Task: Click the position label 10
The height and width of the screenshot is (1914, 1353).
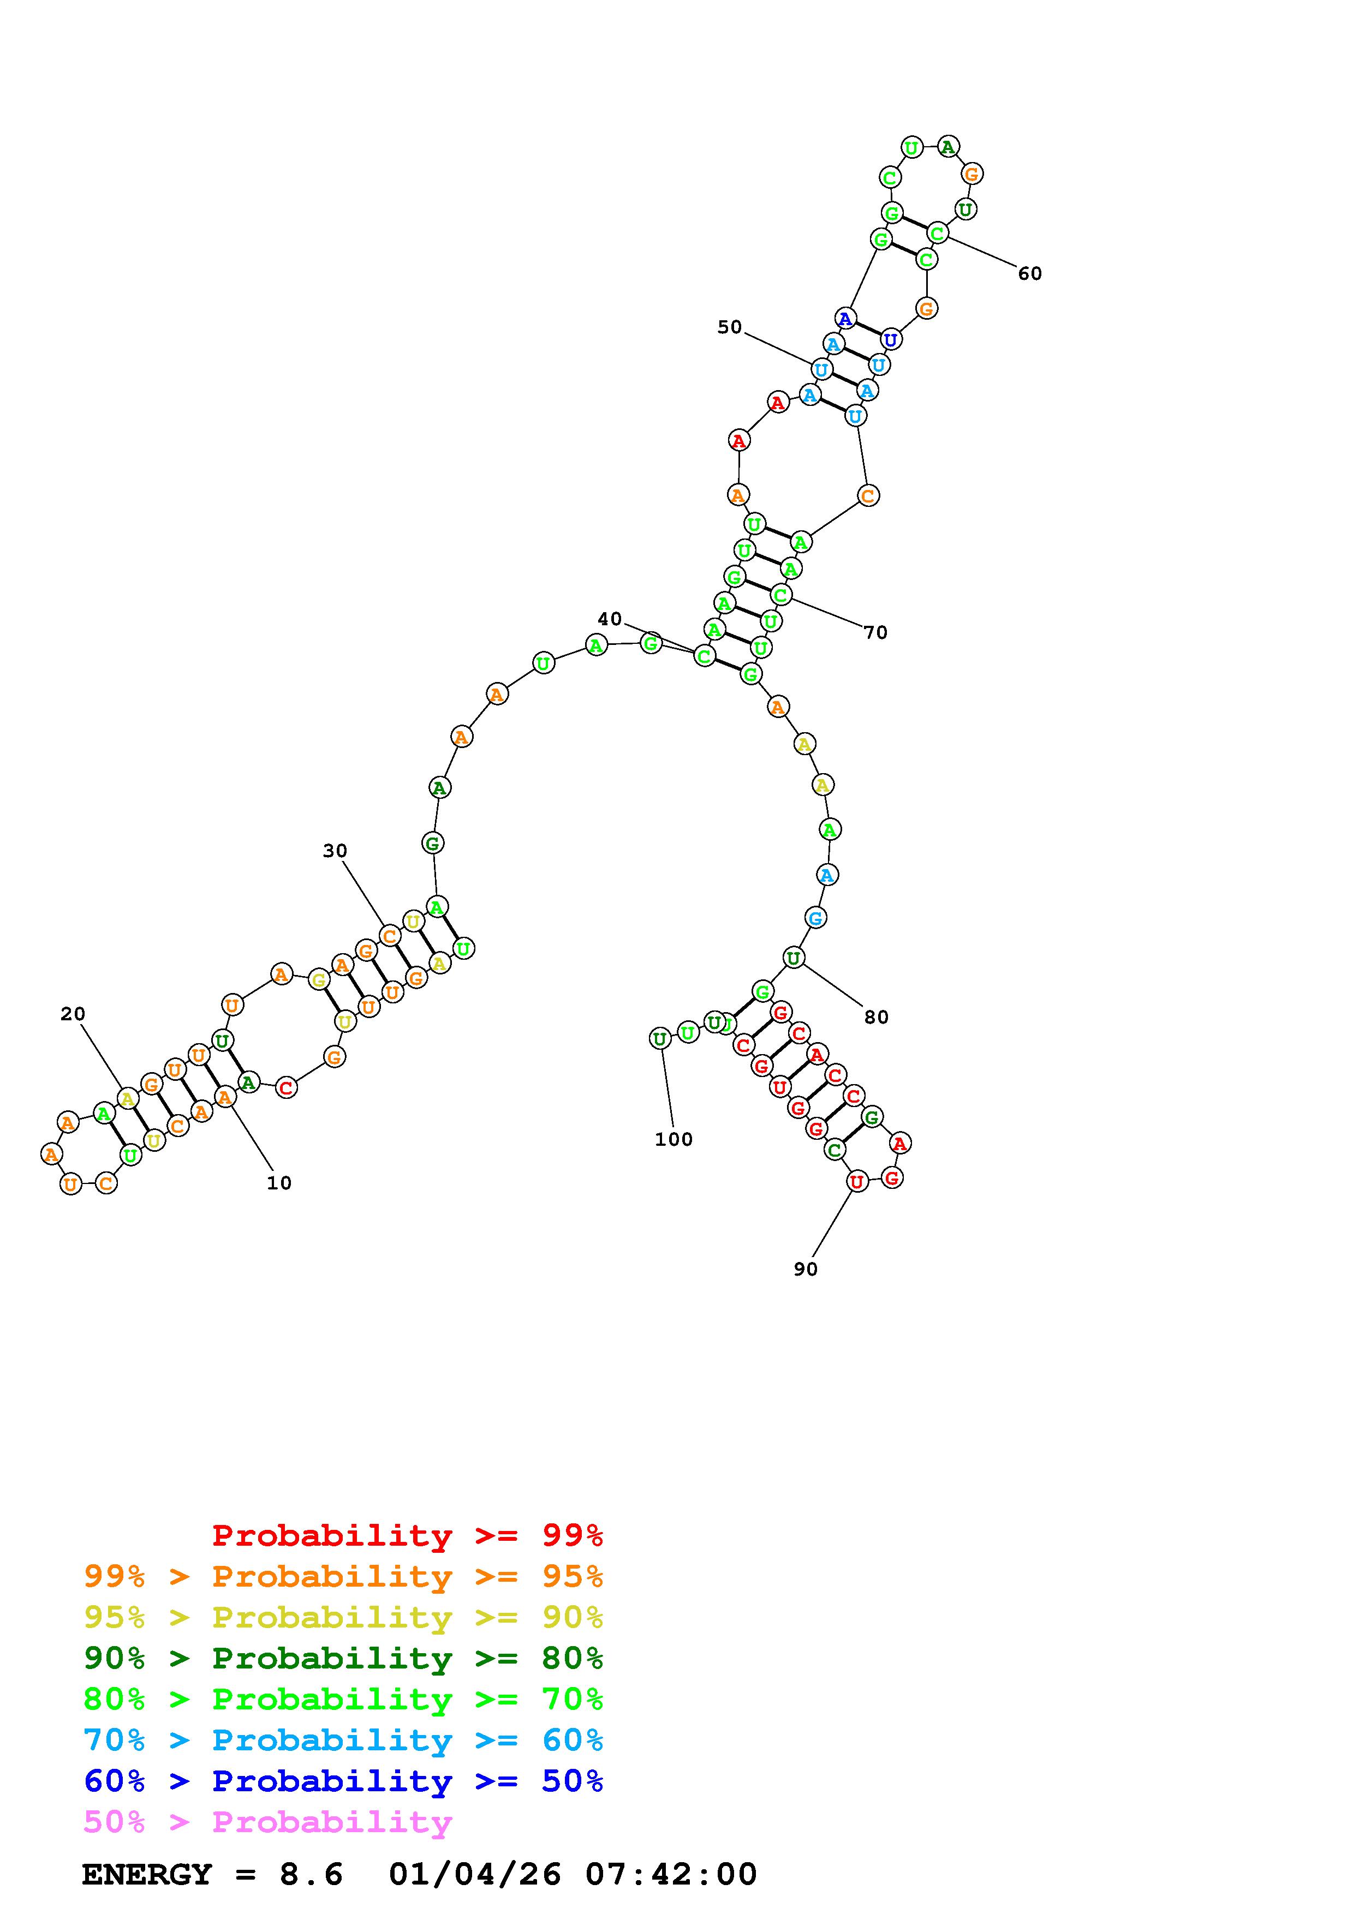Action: [279, 1183]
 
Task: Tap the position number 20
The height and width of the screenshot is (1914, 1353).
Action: [73, 1014]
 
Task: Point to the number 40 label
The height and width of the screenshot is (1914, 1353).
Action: [610, 619]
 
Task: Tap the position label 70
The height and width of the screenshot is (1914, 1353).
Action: [875, 633]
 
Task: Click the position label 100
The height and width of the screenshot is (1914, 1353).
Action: [673, 1140]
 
